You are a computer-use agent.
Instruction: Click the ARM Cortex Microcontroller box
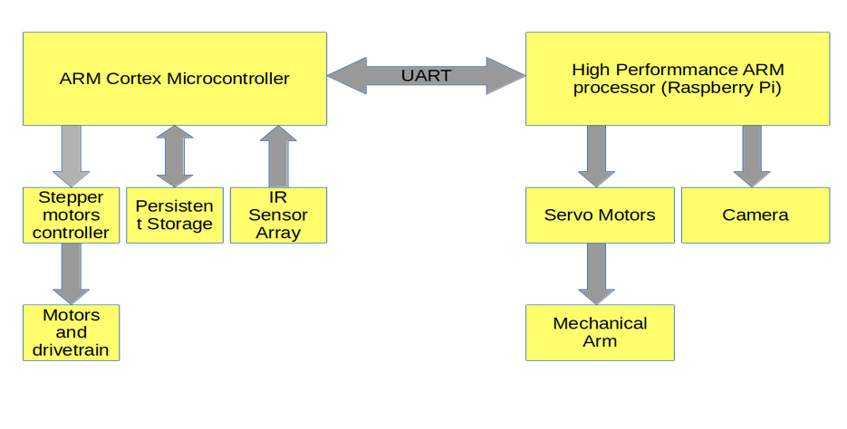pos(175,79)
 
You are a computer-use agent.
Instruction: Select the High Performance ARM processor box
pos(678,79)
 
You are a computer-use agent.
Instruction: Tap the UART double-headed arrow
pos(426,76)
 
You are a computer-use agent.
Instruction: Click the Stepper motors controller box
pos(71,215)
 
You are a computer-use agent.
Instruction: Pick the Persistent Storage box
pos(175,215)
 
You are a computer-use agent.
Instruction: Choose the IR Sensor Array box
pos(278,215)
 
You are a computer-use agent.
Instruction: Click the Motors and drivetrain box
pos(71,332)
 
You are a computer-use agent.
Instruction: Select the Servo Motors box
pos(600,215)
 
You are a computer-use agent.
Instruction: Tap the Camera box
pos(756,215)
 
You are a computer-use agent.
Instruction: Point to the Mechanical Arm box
pos(600,332)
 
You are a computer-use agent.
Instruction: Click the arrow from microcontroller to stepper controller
pos(71,157)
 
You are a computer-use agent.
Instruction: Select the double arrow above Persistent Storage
pos(175,157)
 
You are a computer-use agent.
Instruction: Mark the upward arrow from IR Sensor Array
pos(278,157)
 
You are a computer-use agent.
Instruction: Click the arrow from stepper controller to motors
pos(71,273)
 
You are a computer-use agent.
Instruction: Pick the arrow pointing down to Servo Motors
pos(596,157)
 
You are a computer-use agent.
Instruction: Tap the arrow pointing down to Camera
pos(752,157)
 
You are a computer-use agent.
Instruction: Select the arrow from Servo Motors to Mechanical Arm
pos(596,273)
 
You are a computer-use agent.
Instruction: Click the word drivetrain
pos(71,349)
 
